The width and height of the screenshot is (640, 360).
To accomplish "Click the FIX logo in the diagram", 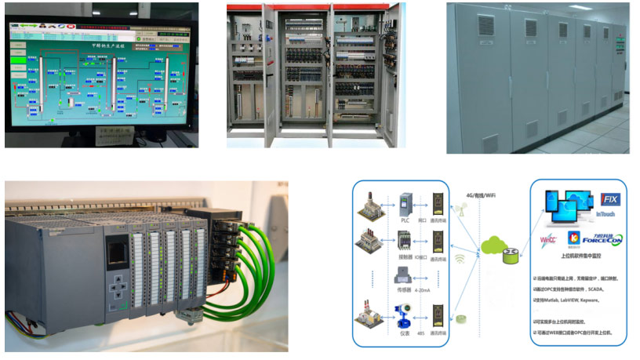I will [x=610, y=200].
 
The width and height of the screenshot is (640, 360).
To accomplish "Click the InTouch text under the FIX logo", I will [x=610, y=213].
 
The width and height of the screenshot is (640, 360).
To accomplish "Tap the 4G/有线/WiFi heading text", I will [x=481, y=195].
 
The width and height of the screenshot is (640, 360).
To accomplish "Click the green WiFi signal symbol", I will [x=461, y=256].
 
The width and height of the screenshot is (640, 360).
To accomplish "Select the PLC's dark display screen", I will [x=116, y=252].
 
